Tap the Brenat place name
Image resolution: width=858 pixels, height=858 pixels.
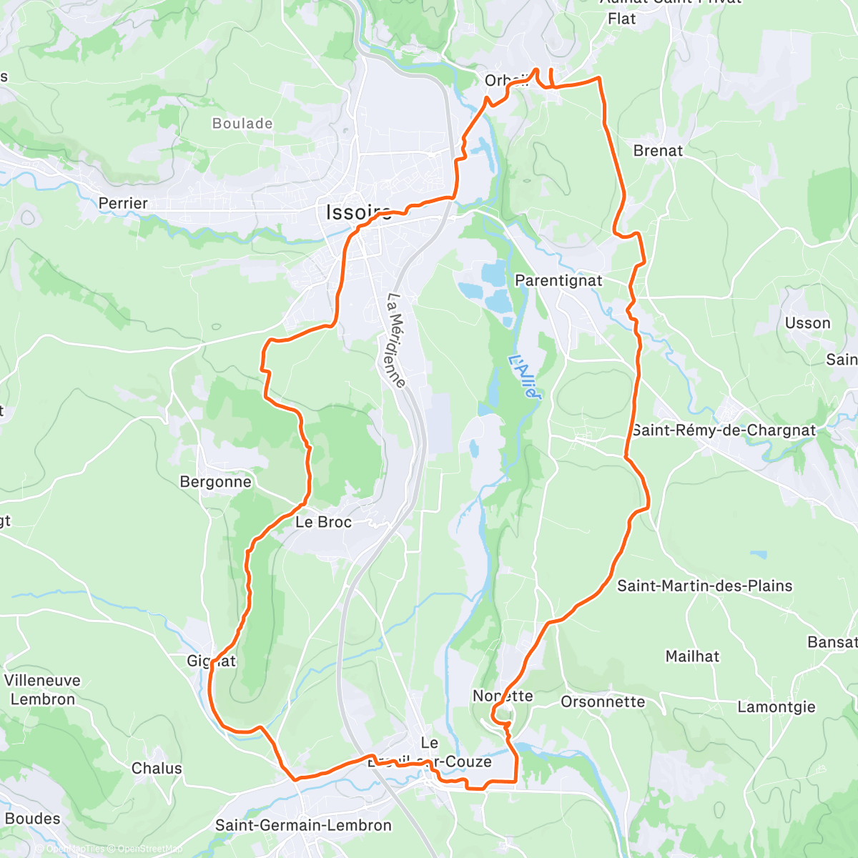pyautogui.click(x=658, y=151)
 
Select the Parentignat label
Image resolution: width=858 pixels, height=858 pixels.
pyautogui.click(x=558, y=281)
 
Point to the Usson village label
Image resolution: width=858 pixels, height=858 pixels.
pyautogui.click(x=807, y=323)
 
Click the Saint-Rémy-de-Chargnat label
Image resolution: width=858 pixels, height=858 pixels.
pyautogui.click(x=724, y=430)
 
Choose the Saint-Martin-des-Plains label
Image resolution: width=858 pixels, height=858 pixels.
pyautogui.click(x=704, y=586)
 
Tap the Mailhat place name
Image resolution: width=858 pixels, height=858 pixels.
pyautogui.click(x=692, y=656)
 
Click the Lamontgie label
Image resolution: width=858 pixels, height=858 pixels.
pyautogui.click(x=776, y=707)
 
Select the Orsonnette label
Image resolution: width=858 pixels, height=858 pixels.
pyautogui.click(x=603, y=702)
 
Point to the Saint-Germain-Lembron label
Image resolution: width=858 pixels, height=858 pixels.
pyautogui.click(x=303, y=826)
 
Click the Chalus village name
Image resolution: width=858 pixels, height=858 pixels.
pyautogui.click(x=157, y=769)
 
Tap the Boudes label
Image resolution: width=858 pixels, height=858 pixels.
pyautogui.click(x=32, y=819)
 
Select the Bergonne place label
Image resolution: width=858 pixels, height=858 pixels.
pyautogui.click(x=215, y=482)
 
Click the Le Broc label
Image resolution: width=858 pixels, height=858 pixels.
pyautogui.click(x=323, y=523)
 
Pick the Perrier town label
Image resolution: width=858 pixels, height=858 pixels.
pyautogui.click(x=123, y=204)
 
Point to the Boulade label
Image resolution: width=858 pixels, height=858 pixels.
pyautogui.click(x=242, y=124)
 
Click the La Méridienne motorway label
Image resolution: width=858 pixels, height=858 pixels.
pyautogui.click(x=396, y=340)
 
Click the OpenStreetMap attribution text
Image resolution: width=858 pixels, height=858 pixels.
pyautogui.click(x=149, y=849)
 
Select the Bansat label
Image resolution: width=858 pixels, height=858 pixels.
pyautogui.click(x=832, y=642)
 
